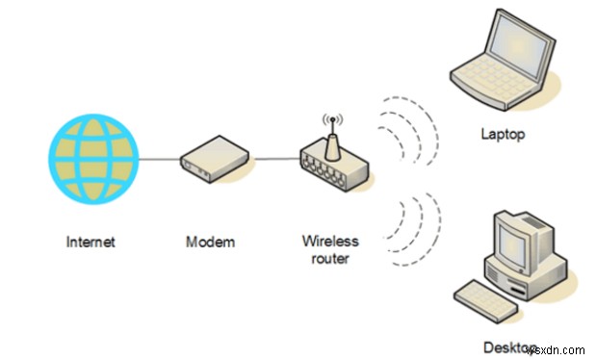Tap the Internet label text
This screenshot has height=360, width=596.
91,242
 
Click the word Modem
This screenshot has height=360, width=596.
210,242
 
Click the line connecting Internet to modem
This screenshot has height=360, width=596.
162,159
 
